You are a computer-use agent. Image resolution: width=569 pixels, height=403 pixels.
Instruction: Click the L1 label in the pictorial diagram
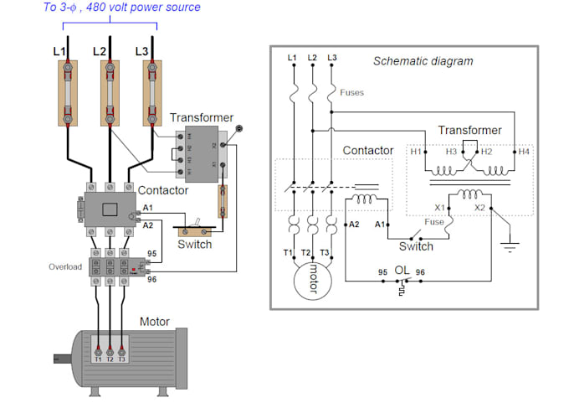pyautogui.click(x=59, y=52)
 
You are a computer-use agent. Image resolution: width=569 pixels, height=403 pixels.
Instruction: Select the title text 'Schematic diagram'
pyautogui.click(x=423, y=61)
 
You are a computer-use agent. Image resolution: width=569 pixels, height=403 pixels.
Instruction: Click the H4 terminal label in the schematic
pyautogui.click(x=523, y=152)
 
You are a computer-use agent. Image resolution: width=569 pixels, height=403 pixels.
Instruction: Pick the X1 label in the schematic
pyautogui.click(x=440, y=207)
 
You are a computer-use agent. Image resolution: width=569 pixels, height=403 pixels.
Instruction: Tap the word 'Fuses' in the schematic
pyautogui.click(x=351, y=93)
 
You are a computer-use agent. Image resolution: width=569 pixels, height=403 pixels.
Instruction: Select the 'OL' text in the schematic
pyautogui.click(x=402, y=271)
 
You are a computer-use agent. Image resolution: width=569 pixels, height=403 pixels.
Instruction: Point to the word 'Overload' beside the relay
pyautogui.click(x=64, y=266)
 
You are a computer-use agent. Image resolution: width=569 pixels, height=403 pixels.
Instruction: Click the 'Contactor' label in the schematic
pyautogui.click(x=368, y=151)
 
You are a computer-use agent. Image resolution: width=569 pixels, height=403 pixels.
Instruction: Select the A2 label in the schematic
pyautogui.click(x=353, y=225)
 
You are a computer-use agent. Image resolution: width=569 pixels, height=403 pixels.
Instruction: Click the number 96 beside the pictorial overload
pyautogui.click(x=151, y=279)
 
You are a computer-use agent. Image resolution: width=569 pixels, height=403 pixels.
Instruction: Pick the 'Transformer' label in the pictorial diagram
pyautogui.click(x=202, y=118)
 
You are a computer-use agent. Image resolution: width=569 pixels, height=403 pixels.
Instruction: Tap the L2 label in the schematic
pyautogui.click(x=312, y=57)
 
